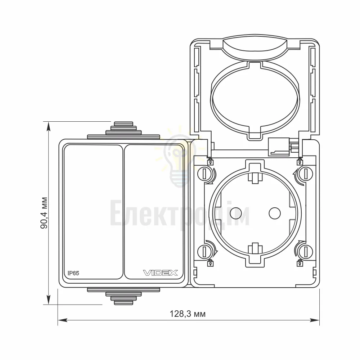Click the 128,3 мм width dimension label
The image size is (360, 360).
[x=188, y=314]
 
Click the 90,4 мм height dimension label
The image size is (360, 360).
[x=44, y=213]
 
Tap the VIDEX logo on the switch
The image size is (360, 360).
[x=161, y=273]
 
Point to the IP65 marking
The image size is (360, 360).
[x=73, y=273]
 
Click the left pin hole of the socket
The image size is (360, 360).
[x=236, y=213]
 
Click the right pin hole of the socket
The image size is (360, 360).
[x=275, y=213]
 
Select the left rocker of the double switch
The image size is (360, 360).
[x=93, y=212]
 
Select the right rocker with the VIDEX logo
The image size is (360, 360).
[x=154, y=212]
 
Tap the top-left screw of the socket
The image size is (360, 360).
[x=204, y=174]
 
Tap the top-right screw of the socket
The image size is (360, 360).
[x=306, y=174]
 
